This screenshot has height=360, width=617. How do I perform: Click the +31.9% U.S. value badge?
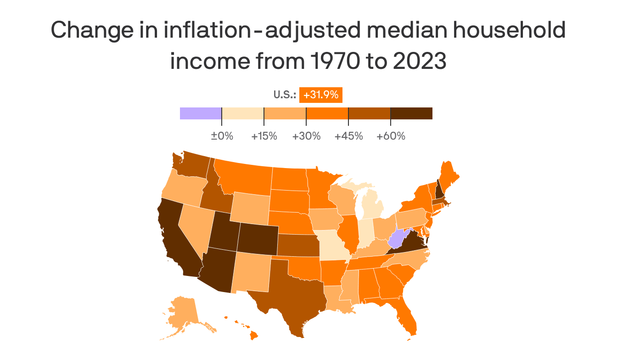(321, 95)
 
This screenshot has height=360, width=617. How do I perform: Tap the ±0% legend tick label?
(222, 136)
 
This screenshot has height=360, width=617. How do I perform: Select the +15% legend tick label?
(264, 136)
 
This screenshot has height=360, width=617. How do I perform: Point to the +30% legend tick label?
(306, 136)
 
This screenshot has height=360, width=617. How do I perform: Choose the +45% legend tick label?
(348, 136)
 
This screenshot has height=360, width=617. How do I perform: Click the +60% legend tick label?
(391, 136)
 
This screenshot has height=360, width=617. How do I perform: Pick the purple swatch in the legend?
(201, 113)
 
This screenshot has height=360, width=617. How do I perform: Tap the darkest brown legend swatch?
(411, 113)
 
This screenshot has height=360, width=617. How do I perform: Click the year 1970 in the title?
(334, 62)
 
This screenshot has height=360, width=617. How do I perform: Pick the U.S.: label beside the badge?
(285, 95)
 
